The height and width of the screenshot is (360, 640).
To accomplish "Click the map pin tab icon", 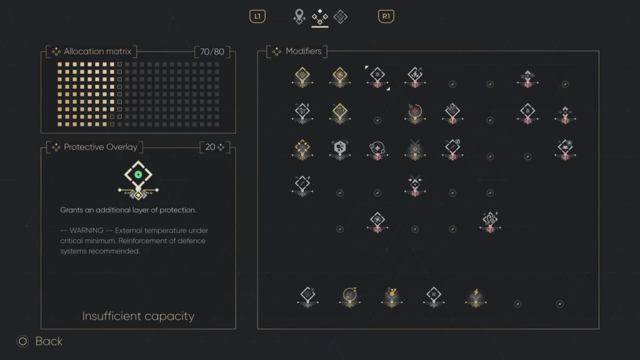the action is click(299, 16).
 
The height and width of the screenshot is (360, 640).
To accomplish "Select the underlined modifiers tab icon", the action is click(319, 17).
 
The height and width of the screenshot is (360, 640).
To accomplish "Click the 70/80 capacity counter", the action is click(212, 52).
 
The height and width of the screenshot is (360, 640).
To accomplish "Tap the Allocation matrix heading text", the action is click(97, 51).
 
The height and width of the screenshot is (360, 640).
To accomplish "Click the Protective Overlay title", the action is click(101, 147).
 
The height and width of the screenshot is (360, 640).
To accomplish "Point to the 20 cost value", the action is click(210, 147).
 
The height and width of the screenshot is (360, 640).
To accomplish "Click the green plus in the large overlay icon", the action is click(138, 175).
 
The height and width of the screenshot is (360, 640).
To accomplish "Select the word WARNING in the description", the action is click(86, 231).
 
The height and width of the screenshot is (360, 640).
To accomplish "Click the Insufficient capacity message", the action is click(138, 316).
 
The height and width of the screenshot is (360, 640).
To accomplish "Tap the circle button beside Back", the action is click(22, 341).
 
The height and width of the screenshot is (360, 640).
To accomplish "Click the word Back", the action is click(49, 341).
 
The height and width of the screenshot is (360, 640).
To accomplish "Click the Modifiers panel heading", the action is click(304, 51).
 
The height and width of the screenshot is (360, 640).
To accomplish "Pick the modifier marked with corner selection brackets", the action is click(377, 77).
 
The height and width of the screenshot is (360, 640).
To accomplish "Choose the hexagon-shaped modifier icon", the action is click(339, 149).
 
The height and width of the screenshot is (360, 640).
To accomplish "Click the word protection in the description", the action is click(177, 210).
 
